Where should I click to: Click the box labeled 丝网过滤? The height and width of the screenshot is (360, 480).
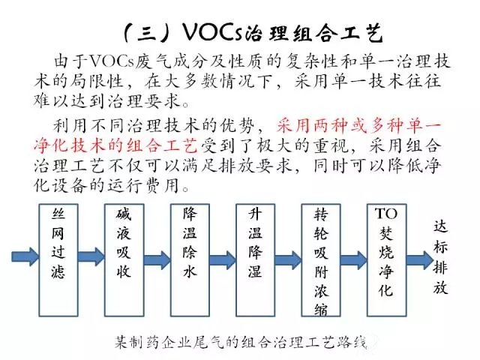(58, 260)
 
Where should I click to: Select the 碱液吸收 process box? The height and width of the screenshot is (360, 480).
(124, 260)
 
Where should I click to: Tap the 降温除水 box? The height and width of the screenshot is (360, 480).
(190, 260)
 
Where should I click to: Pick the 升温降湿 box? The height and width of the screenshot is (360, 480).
(255, 260)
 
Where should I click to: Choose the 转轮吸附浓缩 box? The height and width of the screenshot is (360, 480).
(321, 260)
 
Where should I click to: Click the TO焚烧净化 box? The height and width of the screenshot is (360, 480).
(387, 260)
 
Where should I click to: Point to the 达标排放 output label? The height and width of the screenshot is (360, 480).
(440, 257)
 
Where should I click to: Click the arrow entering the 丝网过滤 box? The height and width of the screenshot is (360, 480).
(25, 256)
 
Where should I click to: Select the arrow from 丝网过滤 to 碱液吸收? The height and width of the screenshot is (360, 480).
(91, 256)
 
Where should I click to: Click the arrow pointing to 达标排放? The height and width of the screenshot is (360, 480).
(420, 260)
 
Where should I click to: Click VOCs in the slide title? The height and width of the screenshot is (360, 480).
(213, 31)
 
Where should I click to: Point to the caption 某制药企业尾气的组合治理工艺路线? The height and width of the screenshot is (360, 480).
(241, 342)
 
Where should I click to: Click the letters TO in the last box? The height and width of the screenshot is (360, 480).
(386, 213)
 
